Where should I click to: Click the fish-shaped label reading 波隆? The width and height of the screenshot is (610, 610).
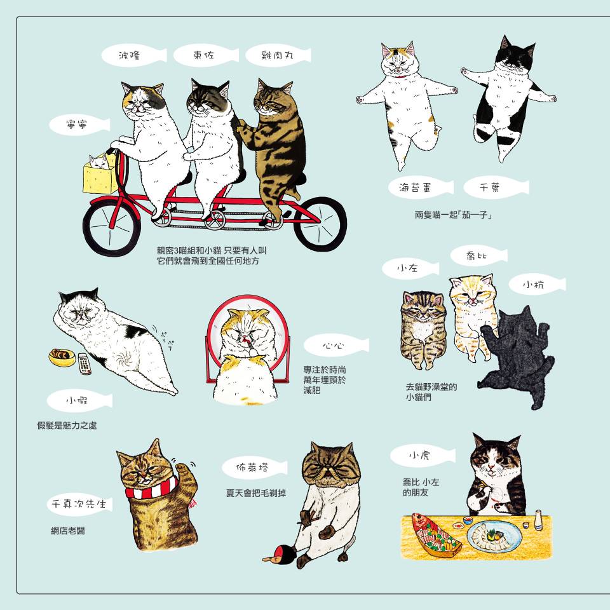tap(134, 55)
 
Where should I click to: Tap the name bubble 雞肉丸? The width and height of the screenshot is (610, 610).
tap(278, 55)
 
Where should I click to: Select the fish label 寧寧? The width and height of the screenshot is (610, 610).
tap(79, 125)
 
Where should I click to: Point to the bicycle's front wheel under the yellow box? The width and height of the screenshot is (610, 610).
tap(112, 227)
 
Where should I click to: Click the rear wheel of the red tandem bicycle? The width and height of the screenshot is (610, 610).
tap(320, 224)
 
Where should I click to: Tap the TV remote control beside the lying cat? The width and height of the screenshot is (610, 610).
tap(85, 363)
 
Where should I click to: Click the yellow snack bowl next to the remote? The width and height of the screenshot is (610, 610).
tap(62, 357)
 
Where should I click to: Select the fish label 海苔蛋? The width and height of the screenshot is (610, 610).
tap(421, 187)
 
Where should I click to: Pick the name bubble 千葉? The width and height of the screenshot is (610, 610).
tap(496, 187)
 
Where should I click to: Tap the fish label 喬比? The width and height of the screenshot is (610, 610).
tap(479, 255)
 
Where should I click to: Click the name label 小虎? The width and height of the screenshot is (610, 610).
tap(423, 455)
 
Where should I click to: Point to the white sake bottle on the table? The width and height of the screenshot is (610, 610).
tap(538, 520)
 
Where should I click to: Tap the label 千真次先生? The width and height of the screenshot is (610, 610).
tap(79, 504)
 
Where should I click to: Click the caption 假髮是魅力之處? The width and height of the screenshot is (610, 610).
tap(67, 425)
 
